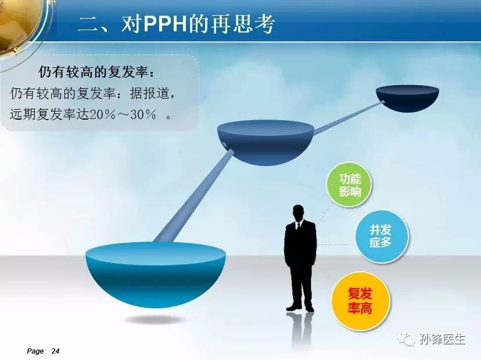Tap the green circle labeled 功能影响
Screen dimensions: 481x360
pos(349,185)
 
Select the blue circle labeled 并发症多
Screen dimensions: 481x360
pos(382,236)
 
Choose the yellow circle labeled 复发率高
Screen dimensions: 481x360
pos(360,301)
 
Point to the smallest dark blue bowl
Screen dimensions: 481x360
pos(407,98)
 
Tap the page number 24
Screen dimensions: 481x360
pos(56,351)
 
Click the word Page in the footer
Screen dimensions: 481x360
pos(35,351)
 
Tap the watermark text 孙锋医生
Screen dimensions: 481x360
pos(442,339)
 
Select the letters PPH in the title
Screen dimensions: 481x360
pos(166,24)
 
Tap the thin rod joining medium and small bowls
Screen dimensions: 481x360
pos(348,118)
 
